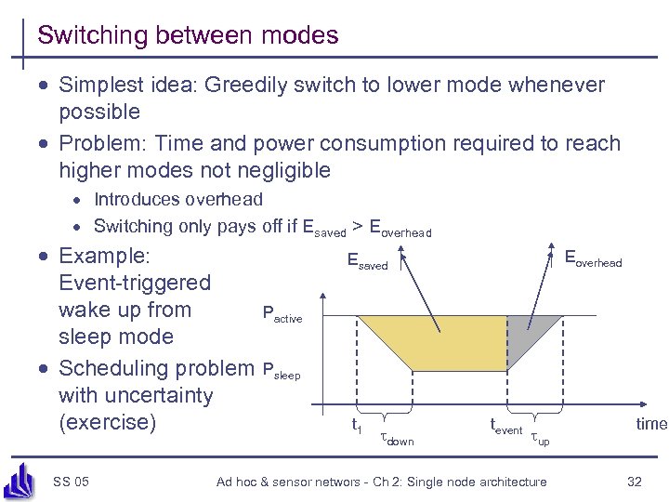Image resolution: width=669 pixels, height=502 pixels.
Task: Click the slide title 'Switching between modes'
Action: click(188, 36)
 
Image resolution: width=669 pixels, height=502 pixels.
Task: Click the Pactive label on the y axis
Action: click(282, 314)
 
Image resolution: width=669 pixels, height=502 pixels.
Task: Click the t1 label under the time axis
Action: click(355, 426)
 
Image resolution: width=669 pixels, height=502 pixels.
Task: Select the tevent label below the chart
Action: click(505, 427)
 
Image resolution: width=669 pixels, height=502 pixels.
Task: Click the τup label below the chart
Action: click(539, 438)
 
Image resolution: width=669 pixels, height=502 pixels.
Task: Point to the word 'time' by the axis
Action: click(650, 424)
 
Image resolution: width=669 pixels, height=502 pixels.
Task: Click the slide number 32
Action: click(635, 481)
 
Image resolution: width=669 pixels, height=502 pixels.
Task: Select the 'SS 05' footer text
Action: click(71, 481)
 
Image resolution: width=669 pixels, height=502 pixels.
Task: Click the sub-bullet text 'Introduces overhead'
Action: click(178, 199)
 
